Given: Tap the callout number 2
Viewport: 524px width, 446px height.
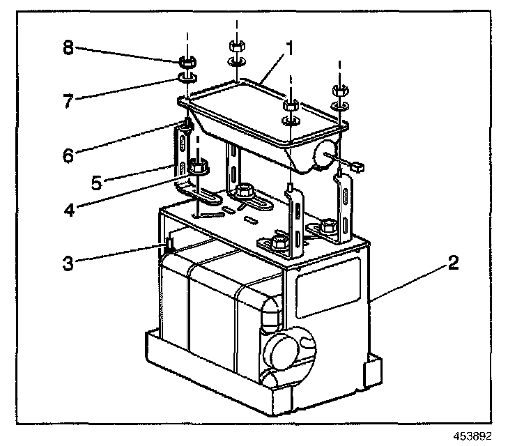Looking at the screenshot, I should point(453,263).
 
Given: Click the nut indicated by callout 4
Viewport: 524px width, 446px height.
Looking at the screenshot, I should point(197,167).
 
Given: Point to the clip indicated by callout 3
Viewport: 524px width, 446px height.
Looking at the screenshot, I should point(169,245).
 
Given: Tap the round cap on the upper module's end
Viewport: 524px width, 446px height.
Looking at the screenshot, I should point(325,156).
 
